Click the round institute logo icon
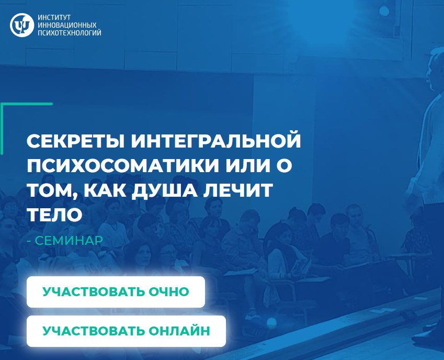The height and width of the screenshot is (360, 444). pyautogui.click(x=22, y=25)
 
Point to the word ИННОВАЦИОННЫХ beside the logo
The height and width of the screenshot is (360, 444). pyautogui.click(x=67, y=25)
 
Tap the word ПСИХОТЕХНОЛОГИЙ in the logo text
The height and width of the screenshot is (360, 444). pyautogui.click(x=70, y=32)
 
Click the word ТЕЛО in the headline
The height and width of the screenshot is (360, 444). pyautogui.click(x=55, y=215)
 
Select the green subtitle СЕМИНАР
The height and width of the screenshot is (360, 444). pyautogui.click(x=69, y=241)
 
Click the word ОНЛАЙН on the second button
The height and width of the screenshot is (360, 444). pyautogui.click(x=179, y=331)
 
